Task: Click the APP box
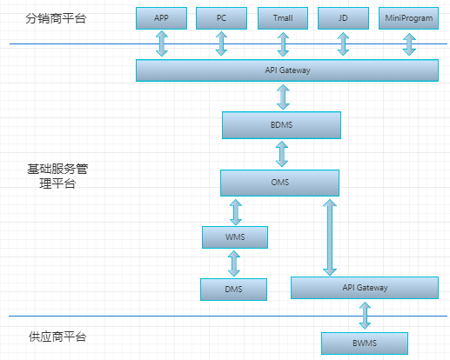[x=161, y=18]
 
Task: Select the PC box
[x=221, y=18]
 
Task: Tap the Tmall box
[x=282, y=18]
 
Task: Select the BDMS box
[x=281, y=125]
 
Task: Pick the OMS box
[x=279, y=183]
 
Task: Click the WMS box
[x=234, y=237]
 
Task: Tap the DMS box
[x=233, y=290]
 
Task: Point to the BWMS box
[x=365, y=343]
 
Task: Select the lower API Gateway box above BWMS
[x=365, y=288]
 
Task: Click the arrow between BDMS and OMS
[x=281, y=154]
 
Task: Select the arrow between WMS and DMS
[x=233, y=263]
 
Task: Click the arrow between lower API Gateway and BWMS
[x=365, y=315]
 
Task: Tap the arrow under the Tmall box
[x=282, y=44]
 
